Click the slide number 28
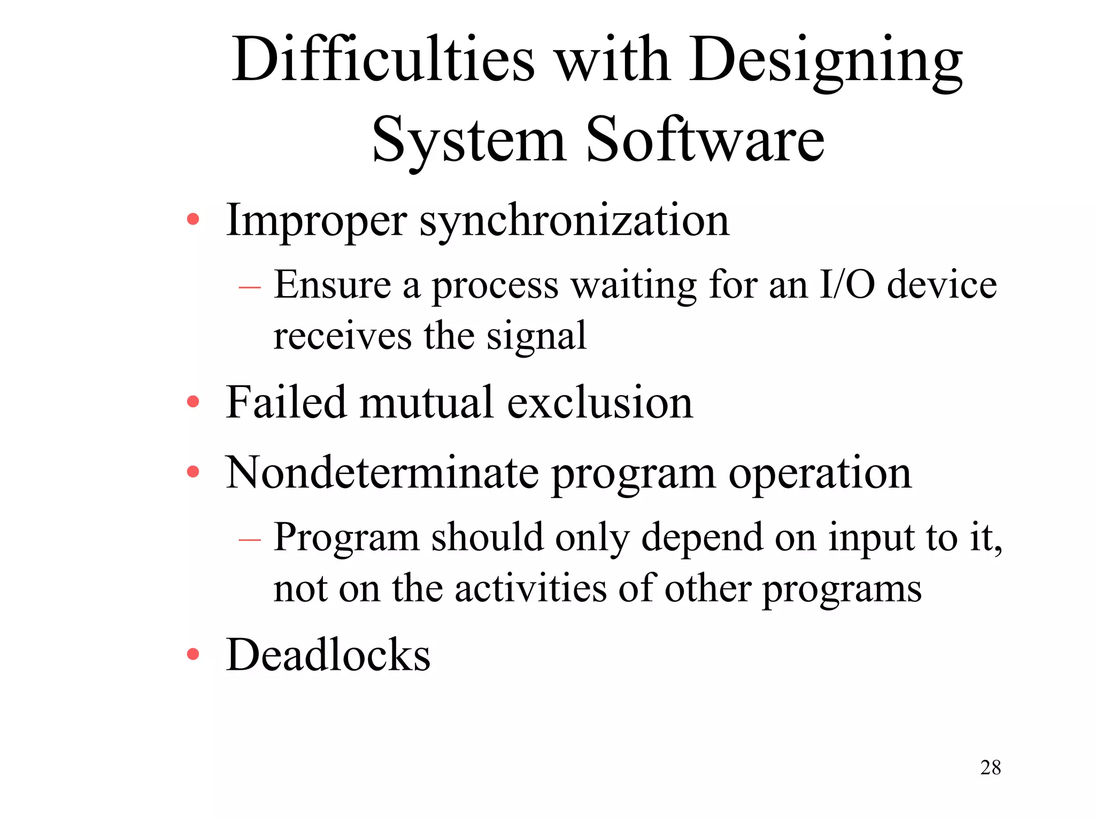pyautogui.click(x=990, y=768)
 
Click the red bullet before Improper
pyautogui.click(x=193, y=220)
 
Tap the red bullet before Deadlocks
pyautogui.click(x=193, y=654)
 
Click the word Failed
pyautogui.click(x=286, y=402)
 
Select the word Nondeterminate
pyautogui.click(x=382, y=473)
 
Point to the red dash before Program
pyautogui.click(x=250, y=540)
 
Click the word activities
pyautogui.click(x=530, y=588)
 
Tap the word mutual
pyautogui.click(x=426, y=402)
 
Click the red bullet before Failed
pyautogui.click(x=193, y=402)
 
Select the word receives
pyautogui.click(x=342, y=337)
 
